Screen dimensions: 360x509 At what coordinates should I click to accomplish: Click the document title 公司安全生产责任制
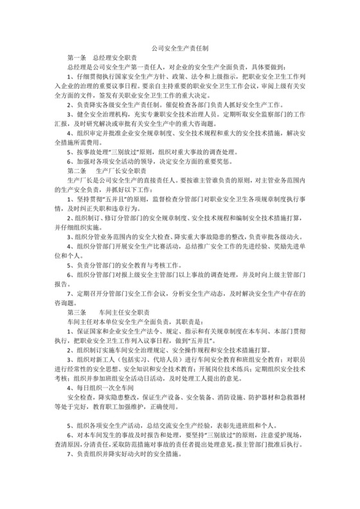pos(179,48)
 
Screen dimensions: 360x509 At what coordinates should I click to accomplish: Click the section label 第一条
pos(76,57)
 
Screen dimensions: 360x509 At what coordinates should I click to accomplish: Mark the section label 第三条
pos(76,311)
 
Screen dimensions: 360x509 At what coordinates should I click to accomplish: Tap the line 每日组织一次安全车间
pos(104,390)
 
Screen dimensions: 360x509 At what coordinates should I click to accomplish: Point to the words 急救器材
pos(287,399)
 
